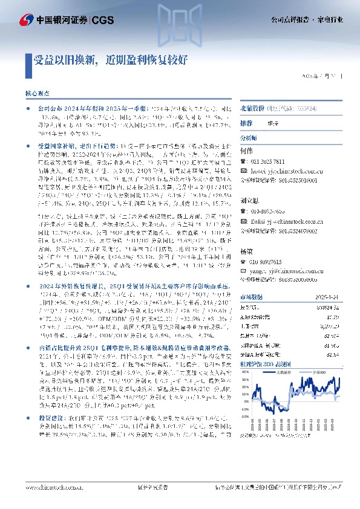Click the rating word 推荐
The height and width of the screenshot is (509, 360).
click(x=247, y=122)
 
